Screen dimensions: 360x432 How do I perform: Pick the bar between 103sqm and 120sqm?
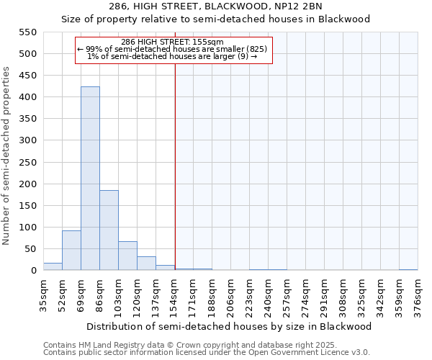[x=127, y=256]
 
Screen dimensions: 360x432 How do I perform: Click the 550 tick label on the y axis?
[x=27, y=32]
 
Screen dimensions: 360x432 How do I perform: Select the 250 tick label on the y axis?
[x=27, y=163]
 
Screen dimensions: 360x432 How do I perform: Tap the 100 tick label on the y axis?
[x=27, y=228]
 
